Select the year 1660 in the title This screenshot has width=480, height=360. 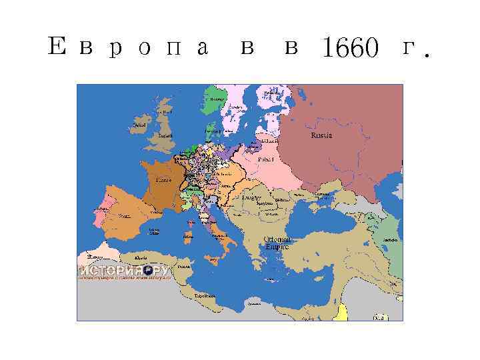click(x=351, y=48)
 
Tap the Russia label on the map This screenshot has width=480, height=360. click(x=321, y=135)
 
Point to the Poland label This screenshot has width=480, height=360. click(x=266, y=160)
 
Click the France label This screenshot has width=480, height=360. click(x=163, y=180)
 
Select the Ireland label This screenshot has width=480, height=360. click(x=139, y=124)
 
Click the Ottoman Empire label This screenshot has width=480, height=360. click(x=276, y=242)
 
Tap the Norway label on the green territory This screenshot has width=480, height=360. click(x=217, y=99)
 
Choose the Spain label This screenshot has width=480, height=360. click(x=124, y=215)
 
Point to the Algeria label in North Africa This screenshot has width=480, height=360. click(x=141, y=257)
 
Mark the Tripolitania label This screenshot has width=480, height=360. click(x=204, y=294)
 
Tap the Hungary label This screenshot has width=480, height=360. click(x=251, y=198)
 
